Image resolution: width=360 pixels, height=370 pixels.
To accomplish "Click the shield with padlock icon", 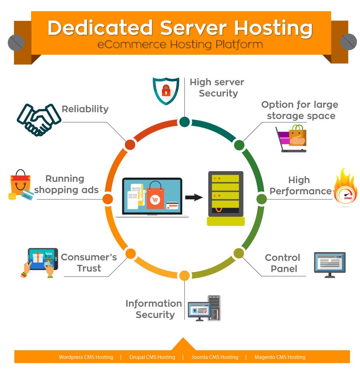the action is click(x=166, y=91).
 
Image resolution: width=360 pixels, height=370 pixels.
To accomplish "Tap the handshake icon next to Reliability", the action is click(x=39, y=119).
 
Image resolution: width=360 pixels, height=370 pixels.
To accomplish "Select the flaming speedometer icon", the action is click(x=346, y=188).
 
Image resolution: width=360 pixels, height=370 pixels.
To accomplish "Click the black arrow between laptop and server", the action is click(x=194, y=197).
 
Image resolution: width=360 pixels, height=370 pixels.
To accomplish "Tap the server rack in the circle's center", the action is click(x=226, y=199).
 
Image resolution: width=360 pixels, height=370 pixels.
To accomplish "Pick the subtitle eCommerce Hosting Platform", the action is click(x=180, y=44).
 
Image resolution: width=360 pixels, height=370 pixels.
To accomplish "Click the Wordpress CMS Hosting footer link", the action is click(x=86, y=357).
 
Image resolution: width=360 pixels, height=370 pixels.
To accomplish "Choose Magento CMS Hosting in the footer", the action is click(x=280, y=357).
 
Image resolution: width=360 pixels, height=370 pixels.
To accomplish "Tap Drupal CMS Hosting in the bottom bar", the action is click(x=152, y=357).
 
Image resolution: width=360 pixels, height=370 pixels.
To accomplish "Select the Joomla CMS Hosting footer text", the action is click(x=215, y=357).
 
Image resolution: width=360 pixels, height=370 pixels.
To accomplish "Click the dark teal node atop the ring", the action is click(x=184, y=122).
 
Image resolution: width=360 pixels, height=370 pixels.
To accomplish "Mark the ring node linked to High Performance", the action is click(x=261, y=199).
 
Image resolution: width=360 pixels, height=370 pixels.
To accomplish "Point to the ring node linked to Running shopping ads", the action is click(x=108, y=199).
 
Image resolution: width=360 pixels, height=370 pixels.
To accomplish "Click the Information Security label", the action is click(x=154, y=309).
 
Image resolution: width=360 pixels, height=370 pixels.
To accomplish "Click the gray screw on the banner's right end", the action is click(x=348, y=42).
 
